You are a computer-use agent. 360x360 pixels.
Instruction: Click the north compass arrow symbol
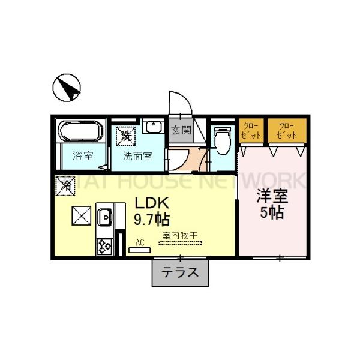pos(67,88)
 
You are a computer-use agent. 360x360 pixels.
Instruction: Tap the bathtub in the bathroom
pos(82,133)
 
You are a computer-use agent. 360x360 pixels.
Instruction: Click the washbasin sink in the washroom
pos(154,128)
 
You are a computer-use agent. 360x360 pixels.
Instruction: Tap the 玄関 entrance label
pos(181,130)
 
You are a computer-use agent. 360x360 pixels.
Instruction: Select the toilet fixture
pos(221,139)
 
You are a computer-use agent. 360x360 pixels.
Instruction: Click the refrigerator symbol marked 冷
pos(65,186)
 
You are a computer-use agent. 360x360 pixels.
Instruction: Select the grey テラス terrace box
pos(180,272)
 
